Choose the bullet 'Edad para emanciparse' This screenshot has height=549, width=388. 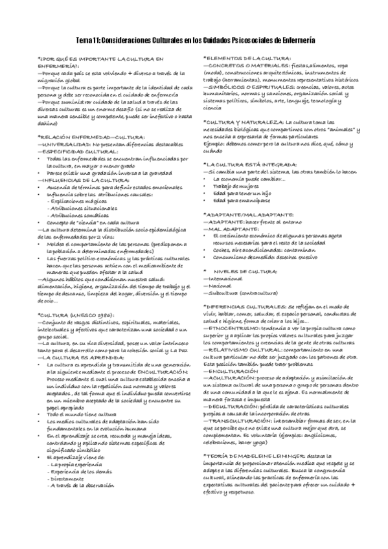point(238,201)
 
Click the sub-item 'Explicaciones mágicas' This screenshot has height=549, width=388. point(80,201)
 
